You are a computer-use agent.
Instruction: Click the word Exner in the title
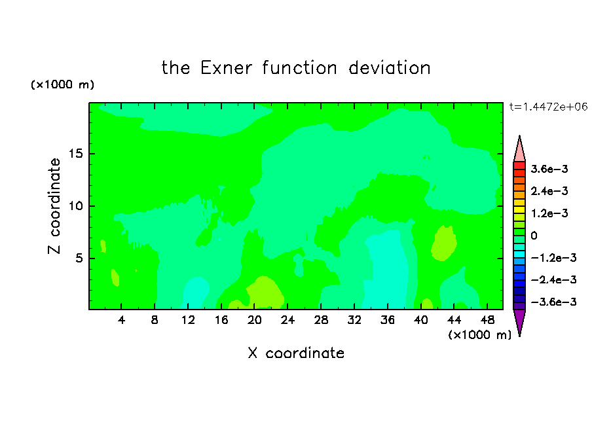click(x=226, y=68)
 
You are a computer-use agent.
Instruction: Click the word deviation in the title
click(x=389, y=68)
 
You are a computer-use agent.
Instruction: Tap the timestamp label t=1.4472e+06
click(x=548, y=107)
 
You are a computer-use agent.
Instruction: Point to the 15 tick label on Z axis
click(x=75, y=154)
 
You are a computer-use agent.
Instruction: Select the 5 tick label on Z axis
click(x=79, y=258)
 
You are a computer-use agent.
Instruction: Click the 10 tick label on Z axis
click(x=75, y=206)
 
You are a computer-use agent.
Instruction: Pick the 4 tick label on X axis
click(x=121, y=320)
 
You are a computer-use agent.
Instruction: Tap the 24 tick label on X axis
click(x=287, y=320)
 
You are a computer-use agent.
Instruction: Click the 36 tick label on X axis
click(x=388, y=320)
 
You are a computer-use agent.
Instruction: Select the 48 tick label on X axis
click(x=487, y=320)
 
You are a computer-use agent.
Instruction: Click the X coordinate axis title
click(x=296, y=353)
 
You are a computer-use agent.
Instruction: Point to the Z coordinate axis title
click(x=54, y=206)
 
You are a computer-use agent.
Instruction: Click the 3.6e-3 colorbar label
click(x=549, y=169)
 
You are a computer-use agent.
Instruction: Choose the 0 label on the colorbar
click(x=534, y=236)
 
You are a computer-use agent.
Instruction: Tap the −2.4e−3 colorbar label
click(x=553, y=279)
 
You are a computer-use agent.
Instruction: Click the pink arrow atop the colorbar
click(x=519, y=149)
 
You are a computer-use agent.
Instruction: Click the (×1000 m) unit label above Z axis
click(x=62, y=84)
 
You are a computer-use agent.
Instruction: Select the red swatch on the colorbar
click(x=519, y=166)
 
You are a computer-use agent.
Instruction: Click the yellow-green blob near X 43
click(x=444, y=243)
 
